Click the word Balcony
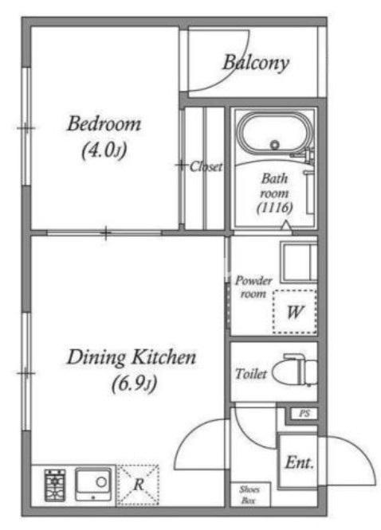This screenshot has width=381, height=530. (x=256, y=63)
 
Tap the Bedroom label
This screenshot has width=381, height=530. (x=104, y=123)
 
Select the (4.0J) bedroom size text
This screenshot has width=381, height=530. (x=104, y=150)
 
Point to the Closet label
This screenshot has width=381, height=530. (x=206, y=166)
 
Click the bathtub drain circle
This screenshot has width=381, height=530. (x=275, y=145)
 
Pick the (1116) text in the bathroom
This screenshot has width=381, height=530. (x=274, y=208)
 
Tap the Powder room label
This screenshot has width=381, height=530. (x=253, y=287)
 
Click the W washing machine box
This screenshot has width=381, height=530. (x=295, y=312)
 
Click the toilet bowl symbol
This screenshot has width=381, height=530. (x=295, y=371)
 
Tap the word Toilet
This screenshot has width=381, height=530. (x=251, y=374)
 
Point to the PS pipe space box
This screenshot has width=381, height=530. (x=304, y=414)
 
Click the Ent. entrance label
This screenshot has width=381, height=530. (x=300, y=462)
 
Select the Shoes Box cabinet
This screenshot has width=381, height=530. (x=250, y=495)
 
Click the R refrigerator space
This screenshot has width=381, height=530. (x=138, y=485)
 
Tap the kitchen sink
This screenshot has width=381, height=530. (x=93, y=484)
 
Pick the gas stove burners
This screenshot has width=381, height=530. (x=55, y=485)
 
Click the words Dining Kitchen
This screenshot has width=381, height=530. (x=132, y=357)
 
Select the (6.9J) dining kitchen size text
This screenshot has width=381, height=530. (x=134, y=384)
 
